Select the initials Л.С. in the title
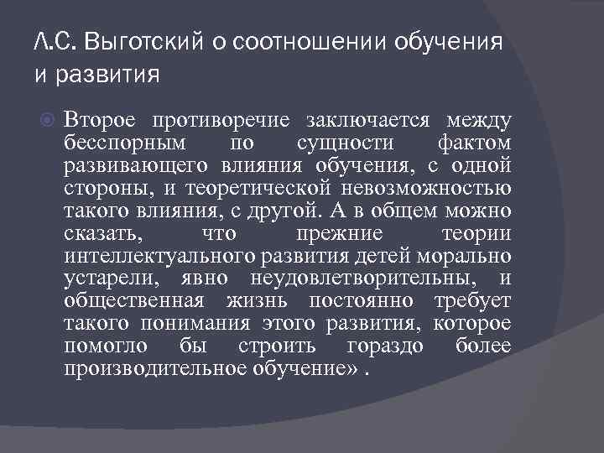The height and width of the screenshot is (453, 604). [55, 41]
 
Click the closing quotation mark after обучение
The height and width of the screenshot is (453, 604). [354, 368]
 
